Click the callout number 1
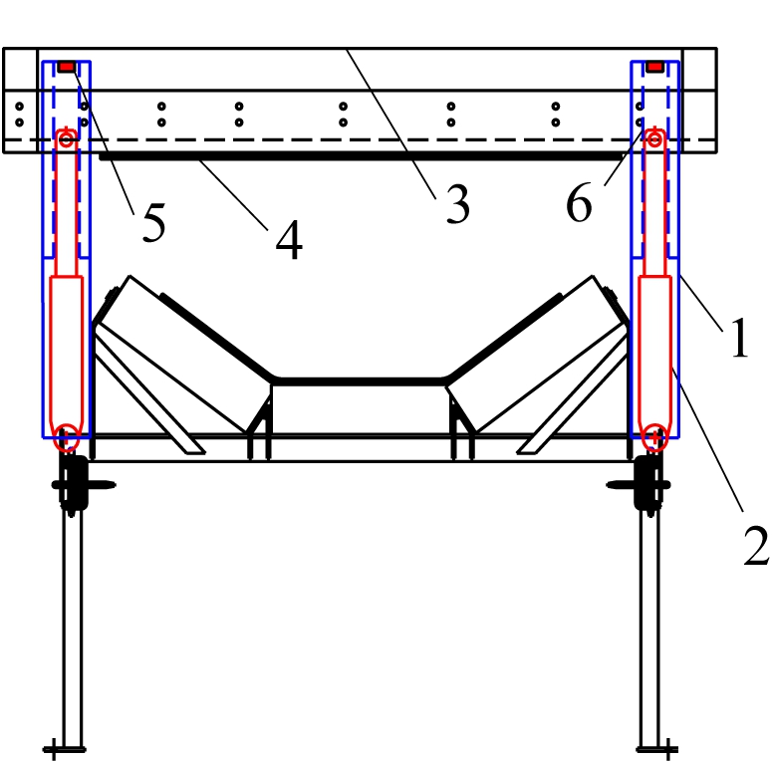click(739, 338)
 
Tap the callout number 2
click(756, 546)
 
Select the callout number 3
click(458, 204)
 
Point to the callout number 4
click(289, 240)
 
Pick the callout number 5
click(154, 223)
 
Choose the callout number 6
click(579, 202)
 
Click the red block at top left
click(67, 67)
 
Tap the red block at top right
click(654, 67)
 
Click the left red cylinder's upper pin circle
click(67, 139)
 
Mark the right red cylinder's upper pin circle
click(654, 139)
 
